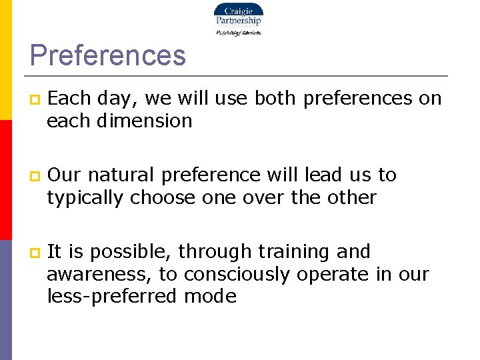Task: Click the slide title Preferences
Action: (x=107, y=55)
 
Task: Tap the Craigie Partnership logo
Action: (x=238, y=15)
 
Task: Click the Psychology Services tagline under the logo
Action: (x=238, y=32)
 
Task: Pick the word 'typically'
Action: (x=85, y=197)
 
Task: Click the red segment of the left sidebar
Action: (x=5, y=180)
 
